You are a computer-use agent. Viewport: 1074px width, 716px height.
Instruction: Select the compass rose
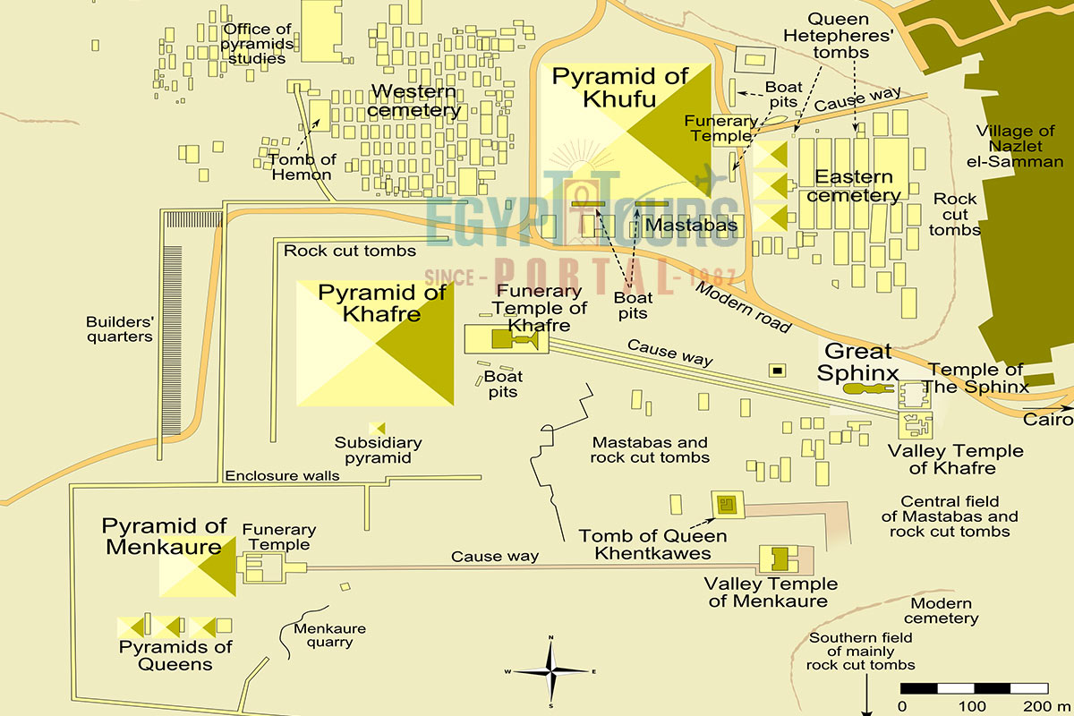(x=551, y=670)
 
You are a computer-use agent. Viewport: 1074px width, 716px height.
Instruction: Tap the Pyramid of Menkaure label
(x=164, y=536)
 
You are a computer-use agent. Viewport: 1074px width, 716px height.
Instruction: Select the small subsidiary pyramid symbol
(x=377, y=429)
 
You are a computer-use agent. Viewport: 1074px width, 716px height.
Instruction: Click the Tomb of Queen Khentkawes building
(x=726, y=505)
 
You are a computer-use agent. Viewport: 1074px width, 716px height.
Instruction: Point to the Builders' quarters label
(x=119, y=329)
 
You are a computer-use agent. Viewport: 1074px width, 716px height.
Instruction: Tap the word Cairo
(x=1048, y=420)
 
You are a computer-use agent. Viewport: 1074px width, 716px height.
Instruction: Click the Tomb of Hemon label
(x=303, y=166)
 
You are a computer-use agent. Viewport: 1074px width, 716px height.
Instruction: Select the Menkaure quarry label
(x=329, y=635)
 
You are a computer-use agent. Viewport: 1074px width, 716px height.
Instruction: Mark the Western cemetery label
(x=413, y=100)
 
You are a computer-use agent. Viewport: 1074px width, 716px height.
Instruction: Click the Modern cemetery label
(x=941, y=610)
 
